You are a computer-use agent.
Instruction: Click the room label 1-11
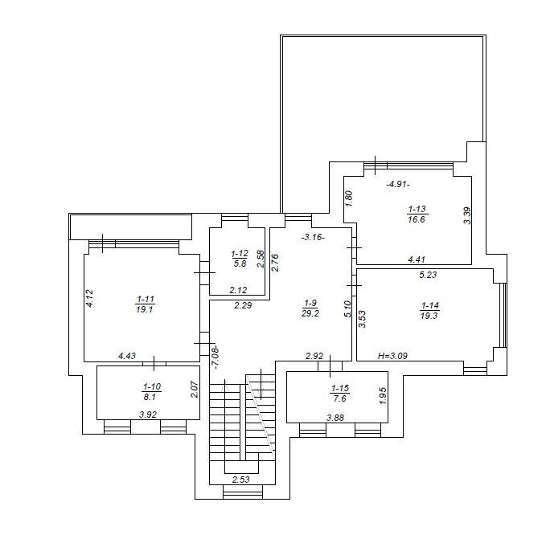pos(146,299)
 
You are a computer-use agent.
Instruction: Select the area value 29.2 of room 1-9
pos(310,313)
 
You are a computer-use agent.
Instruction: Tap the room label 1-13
pos(417,209)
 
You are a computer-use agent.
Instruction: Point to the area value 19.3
pos(429,316)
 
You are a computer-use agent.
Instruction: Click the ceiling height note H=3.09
pos(392,356)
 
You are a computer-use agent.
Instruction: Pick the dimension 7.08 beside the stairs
pos(216,357)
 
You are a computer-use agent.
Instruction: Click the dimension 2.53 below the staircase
pos(241,480)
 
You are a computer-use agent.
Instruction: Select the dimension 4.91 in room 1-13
pos(398,184)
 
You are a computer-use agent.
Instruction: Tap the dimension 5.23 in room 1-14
pos(428,275)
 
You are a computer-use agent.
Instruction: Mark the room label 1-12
pos(240,254)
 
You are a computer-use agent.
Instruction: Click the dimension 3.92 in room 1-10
pos(148,414)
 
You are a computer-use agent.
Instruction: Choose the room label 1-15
pos(340,388)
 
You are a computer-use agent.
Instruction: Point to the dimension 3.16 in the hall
pos(313,238)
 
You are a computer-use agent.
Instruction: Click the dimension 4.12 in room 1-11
pos(89,298)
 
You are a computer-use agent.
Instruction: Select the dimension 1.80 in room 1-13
pos(350,198)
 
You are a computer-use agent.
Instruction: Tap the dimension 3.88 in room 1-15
pos(335,418)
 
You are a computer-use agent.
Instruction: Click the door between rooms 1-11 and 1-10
pos(154,364)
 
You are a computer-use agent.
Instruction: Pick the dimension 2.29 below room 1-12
pos(243,306)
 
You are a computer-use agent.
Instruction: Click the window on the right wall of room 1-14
pos(503,315)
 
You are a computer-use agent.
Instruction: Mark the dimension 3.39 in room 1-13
pos(467,215)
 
